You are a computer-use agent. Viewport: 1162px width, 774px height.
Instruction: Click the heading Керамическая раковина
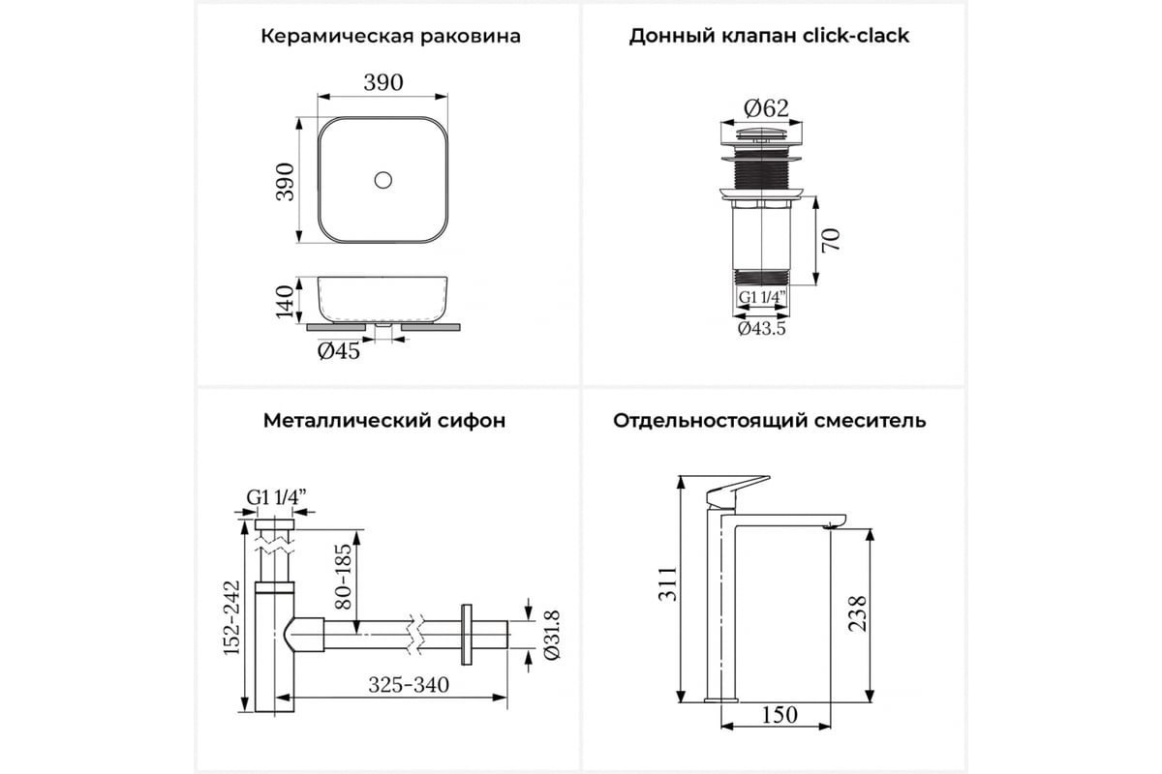[x=390, y=37]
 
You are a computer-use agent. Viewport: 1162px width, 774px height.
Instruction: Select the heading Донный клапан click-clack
[x=769, y=36]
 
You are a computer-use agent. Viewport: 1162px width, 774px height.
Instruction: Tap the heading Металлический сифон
[x=384, y=421]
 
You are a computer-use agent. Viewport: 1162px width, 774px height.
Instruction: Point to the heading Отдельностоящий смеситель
[x=769, y=421]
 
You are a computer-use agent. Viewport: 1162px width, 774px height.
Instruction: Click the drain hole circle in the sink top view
[x=382, y=180]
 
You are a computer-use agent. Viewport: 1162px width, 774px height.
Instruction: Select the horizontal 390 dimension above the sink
[x=383, y=82]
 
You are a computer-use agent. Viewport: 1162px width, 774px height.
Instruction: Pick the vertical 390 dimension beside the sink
[x=286, y=182]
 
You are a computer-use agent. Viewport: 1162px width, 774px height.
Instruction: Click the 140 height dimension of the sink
[x=285, y=301]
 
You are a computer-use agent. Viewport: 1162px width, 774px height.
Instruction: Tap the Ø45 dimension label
[x=338, y=351]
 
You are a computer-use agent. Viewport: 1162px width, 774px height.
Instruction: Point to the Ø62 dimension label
[x=766, y=108]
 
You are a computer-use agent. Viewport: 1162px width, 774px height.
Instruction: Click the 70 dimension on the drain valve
[x=831, y=240]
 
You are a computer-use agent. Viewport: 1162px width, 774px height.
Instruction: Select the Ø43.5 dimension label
[x=761, y=328]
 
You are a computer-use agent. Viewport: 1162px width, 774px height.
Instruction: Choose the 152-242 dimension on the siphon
[x=231, y=617]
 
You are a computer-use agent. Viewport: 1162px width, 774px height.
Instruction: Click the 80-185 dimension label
[x=343, y=576]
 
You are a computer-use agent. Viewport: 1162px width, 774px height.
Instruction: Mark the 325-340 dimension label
[x=409, y=685]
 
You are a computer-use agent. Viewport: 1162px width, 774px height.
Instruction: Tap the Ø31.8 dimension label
[x=552, y=635]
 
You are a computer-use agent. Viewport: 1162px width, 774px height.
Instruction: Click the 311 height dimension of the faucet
[x=667, y=584]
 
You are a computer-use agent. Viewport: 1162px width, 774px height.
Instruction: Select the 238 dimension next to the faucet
[x=857, y=613]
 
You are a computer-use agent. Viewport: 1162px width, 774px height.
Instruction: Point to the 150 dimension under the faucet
[x=780, y=715]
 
